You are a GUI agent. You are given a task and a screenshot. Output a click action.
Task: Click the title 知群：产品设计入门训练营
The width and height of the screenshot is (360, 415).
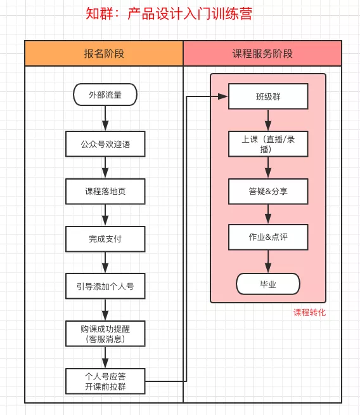(169, 13)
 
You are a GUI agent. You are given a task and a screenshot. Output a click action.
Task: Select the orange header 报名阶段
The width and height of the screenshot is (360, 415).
(104, 53)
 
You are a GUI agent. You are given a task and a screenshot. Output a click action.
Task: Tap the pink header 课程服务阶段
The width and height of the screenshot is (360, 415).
(262, 53)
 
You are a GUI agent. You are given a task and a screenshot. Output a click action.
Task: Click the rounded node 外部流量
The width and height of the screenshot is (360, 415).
(105, 95)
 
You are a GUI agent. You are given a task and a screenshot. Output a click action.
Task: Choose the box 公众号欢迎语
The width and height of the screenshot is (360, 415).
(105, 144)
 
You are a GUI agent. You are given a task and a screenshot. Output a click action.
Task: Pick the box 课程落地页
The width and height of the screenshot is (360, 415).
(105, 192)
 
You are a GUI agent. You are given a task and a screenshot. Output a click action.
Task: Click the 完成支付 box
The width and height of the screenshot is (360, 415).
(105, 239)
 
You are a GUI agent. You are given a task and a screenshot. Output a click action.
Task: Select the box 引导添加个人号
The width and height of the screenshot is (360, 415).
(105, 286)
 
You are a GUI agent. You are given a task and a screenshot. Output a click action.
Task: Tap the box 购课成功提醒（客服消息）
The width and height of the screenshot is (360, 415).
(105, 334)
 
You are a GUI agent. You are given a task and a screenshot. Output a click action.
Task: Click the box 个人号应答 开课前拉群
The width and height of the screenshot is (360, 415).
(105, 381)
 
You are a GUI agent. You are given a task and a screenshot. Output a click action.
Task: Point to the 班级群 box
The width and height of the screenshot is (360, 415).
(268, 96)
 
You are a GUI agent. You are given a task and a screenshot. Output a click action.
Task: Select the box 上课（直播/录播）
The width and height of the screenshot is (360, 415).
(268, 144)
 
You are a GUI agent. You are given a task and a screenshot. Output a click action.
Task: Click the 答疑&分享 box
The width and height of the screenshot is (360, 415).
(268, 192)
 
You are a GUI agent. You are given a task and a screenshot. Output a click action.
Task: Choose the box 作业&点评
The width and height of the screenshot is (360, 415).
(268, 237)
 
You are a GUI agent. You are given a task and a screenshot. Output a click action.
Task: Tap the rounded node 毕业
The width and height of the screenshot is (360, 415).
(268, 284)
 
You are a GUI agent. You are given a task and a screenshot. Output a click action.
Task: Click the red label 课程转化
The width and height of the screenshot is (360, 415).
(309, 313)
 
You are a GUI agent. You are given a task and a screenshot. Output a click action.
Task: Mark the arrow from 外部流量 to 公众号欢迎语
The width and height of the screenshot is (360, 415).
(105, 118)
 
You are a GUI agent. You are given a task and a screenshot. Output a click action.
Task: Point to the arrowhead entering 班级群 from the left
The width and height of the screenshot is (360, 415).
(223, 96)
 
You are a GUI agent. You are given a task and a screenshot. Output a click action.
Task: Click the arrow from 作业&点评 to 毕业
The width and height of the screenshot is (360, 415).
(268, 261)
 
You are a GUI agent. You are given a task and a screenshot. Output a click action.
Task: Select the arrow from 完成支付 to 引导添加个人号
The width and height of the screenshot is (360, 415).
(105, 263)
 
